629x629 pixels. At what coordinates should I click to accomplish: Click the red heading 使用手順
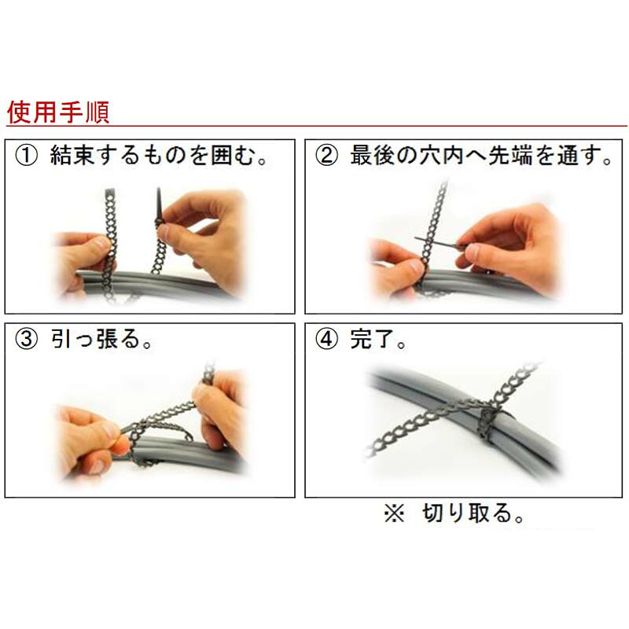58,112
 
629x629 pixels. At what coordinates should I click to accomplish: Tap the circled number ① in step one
27,156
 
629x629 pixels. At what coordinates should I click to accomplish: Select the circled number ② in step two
326,156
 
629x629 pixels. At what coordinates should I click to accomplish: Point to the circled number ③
27,340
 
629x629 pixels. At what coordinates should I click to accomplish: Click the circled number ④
326,340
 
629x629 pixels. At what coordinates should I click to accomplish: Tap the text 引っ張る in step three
95,340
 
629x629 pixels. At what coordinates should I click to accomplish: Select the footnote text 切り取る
467,513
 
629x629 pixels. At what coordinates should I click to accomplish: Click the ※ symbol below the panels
395,513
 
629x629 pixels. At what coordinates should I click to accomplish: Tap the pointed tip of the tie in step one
159,189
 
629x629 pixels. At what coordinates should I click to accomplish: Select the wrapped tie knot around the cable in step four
487,421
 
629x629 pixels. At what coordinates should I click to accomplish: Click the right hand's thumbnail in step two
473,251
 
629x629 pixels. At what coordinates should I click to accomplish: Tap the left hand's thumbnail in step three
110,429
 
